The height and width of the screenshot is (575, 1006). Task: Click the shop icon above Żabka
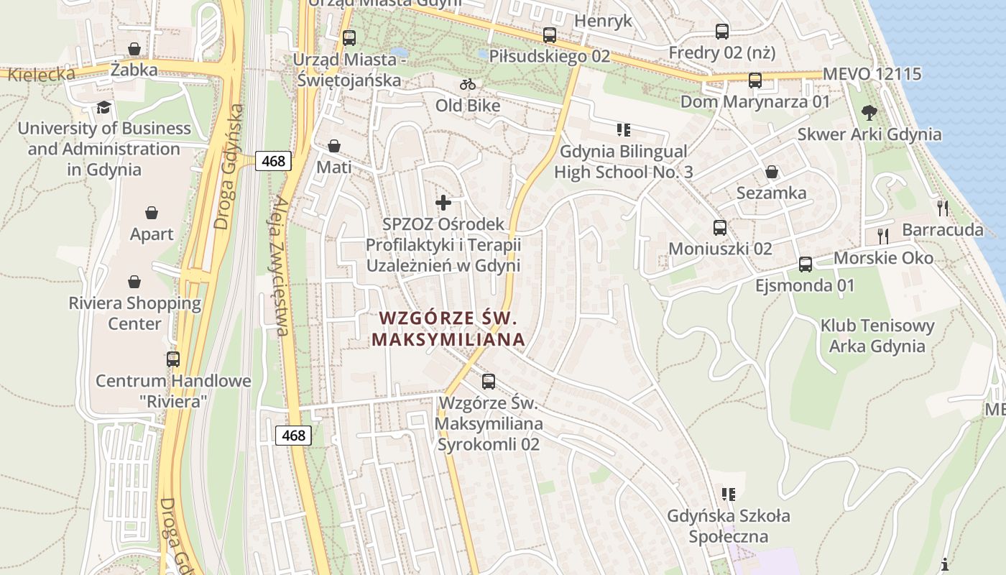tap(134, 49)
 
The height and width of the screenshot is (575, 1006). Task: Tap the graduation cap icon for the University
tap(105, 108)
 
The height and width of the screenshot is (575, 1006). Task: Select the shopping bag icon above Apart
tap(152, 213)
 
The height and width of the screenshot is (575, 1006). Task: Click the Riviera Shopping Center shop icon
tap(134, 282)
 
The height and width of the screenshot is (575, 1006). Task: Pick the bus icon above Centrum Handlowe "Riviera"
tap(173, 359)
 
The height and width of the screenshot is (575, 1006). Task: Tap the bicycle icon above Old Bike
tap(468, 84)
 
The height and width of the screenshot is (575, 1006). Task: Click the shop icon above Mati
tap(334, 146)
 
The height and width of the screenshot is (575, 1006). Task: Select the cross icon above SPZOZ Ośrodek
tap(444, 203)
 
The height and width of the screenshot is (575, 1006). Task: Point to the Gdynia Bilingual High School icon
tap(623, 130)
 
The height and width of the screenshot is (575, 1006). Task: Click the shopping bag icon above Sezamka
tap(772, 172)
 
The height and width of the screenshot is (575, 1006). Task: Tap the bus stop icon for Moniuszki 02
tap(720, 228)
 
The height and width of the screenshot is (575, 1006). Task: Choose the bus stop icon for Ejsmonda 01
tap(806, 264)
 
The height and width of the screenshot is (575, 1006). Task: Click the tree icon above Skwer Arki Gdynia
tap(869, 113)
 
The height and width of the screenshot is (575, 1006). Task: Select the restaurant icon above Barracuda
tap(943, 208)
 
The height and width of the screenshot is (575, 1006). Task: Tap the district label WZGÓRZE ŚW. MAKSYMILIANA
tap(448, 328)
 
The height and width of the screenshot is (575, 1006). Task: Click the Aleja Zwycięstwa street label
tap(279, 266)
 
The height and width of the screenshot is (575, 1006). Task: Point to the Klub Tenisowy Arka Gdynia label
tap(877, 336)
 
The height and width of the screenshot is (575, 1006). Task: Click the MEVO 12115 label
tap(872, 74)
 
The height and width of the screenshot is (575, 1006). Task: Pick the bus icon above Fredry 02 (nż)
tap(722, 32)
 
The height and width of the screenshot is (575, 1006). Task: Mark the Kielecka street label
tap(41, 73)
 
